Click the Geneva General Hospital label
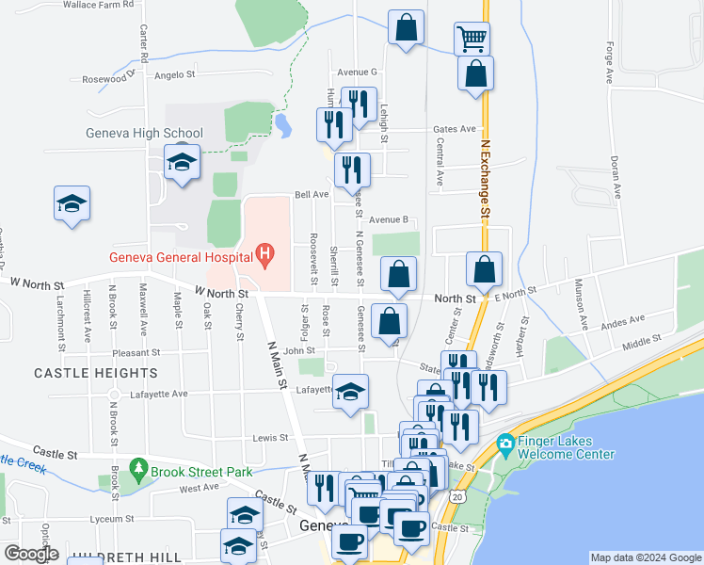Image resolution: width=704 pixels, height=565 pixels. pyautogui.click(x=177, y=254)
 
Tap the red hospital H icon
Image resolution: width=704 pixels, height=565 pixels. pyautogui.click(x=265, y=253)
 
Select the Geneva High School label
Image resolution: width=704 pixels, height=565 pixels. pyautogui.click(x=144, y=133)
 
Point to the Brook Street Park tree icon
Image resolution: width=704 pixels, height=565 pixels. pyautogui.click(x=139, y=467)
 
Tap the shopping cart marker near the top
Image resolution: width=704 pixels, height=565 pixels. pyautogui.click(x=471, y=40)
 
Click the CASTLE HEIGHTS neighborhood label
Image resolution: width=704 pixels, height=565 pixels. pyautogui.click(x=80, y=373)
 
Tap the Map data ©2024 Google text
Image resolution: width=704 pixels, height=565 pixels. pyautogui.click(x=646, y=557)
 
